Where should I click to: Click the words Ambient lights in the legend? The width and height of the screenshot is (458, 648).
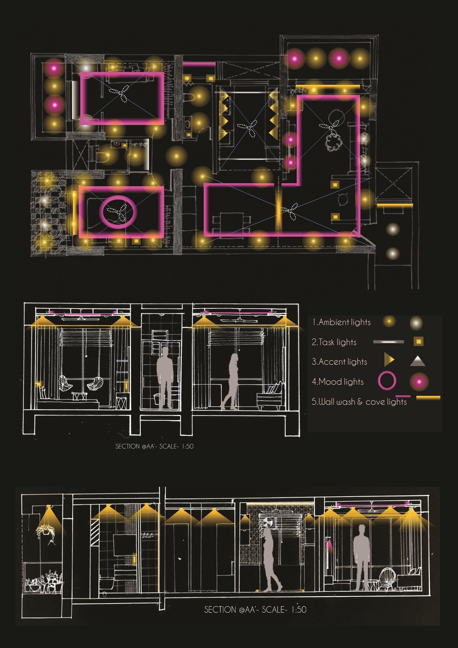pyautogui.click(x=342, y=322)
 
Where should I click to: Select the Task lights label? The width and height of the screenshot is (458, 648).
pyautogui.click(x=334, y=342)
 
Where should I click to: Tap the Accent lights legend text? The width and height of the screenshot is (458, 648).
pyautogui.click(x=339, y=362)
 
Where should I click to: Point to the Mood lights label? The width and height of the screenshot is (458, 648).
pyautogui.click(x=338, y=382)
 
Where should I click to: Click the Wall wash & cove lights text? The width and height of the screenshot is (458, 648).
pyautogui.click(x=359, y=402)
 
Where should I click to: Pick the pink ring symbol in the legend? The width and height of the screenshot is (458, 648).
pyautogui.click(x=387, y=381)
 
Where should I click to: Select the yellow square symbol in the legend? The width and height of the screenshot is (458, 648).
pyautogui.click(x=419, y=342)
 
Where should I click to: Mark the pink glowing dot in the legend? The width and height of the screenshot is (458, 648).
pyautogui.click(x=419, y=382)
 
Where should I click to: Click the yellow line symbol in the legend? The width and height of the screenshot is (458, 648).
pyautogui.click(x=428, y=397)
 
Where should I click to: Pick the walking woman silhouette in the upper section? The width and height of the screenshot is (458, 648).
pyautogui.click(x=232, y=381)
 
